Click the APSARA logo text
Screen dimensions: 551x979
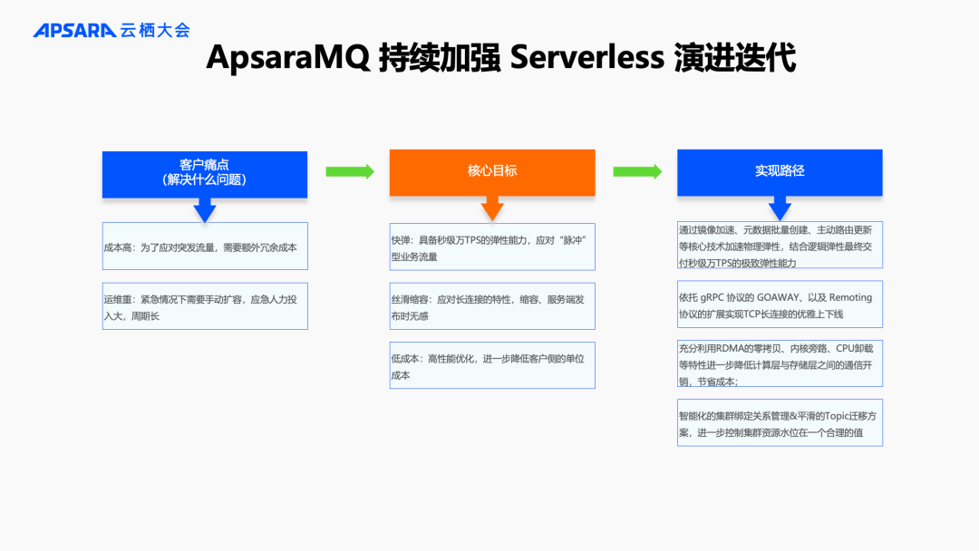[74, 30]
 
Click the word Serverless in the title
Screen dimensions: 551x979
[587, 58]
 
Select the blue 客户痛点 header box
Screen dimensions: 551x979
[205, 173]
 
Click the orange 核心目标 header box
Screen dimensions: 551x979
[492, 171]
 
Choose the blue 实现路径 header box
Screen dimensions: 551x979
[780, 171]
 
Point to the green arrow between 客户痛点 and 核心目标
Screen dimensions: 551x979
[349, 171]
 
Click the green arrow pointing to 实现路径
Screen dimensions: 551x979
[637, 171]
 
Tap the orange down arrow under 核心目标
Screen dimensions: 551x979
[492, 209]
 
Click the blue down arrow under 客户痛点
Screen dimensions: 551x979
[205, 211]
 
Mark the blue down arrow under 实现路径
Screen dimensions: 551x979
[780, 208]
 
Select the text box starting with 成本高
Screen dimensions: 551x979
[205, 246]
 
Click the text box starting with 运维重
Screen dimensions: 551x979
[205, 306]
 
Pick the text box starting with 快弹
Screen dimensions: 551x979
[492, 247]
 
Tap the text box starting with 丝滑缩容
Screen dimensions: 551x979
[492, 306]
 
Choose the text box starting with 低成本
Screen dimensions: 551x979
[492, 365]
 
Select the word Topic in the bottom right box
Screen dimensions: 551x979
[819, 417]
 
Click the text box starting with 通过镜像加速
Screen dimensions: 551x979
[780, 246]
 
